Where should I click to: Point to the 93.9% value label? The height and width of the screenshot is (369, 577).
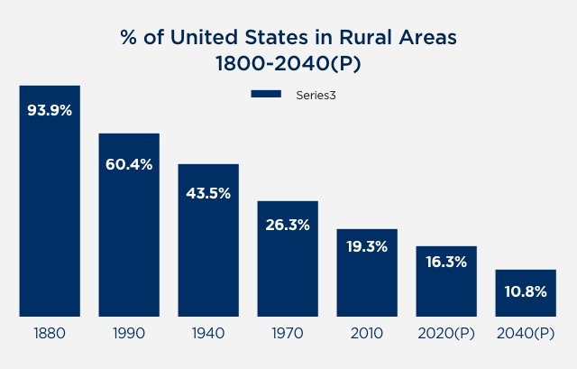50,111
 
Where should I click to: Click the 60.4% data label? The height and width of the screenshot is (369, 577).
129,164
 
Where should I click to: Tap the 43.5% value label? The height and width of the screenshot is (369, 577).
208,193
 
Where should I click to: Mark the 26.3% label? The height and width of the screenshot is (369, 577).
288,226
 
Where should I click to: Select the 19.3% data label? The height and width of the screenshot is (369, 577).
367,245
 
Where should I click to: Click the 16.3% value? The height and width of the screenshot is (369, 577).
446,263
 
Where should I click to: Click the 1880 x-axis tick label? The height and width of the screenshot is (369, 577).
50,333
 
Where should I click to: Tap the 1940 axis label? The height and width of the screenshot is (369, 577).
208,333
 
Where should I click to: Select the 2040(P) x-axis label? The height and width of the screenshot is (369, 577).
526,333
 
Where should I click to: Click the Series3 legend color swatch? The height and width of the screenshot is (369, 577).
267,94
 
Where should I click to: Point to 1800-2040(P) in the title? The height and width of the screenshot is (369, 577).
288,66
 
